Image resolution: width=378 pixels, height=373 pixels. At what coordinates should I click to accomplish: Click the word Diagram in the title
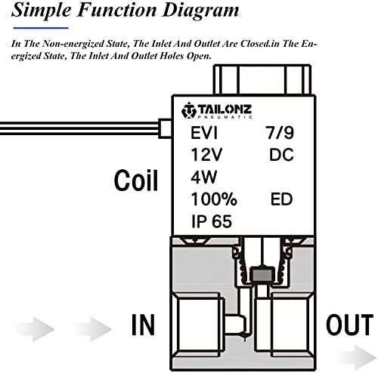click(200, 11)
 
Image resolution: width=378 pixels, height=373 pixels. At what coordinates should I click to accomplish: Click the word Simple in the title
click(41, 11)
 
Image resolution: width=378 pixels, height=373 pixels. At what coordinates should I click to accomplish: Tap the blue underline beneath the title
click(41, 28)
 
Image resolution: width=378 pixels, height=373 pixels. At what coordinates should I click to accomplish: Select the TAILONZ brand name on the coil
click(225, 109)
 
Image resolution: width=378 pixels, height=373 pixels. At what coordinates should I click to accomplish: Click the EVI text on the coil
click(204, 133)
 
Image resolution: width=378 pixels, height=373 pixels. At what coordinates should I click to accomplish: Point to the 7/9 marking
click(280, 132)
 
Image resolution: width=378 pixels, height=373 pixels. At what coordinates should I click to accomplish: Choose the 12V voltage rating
click(206, 155)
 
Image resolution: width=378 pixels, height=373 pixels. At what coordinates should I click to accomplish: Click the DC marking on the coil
click(281, 155)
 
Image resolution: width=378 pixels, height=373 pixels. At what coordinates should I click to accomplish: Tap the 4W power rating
click(203, 177)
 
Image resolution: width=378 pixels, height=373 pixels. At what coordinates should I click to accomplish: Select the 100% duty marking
click(214, 199)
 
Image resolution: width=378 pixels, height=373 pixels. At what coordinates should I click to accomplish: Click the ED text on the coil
click(281, 199)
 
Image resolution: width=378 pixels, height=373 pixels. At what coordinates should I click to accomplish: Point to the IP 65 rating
click(212, 221)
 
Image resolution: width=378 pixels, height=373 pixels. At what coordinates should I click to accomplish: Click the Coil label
click(136, 180)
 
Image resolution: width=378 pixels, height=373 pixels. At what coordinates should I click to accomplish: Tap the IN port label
click(143, 325)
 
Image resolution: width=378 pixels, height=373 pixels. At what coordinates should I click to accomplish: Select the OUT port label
click(349, 325)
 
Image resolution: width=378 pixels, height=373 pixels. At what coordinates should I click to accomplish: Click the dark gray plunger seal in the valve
click(262, 275)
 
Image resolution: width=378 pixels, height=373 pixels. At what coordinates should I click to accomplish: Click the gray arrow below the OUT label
click(363, 357)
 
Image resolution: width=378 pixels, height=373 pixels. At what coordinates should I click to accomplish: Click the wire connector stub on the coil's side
click(165, 128)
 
